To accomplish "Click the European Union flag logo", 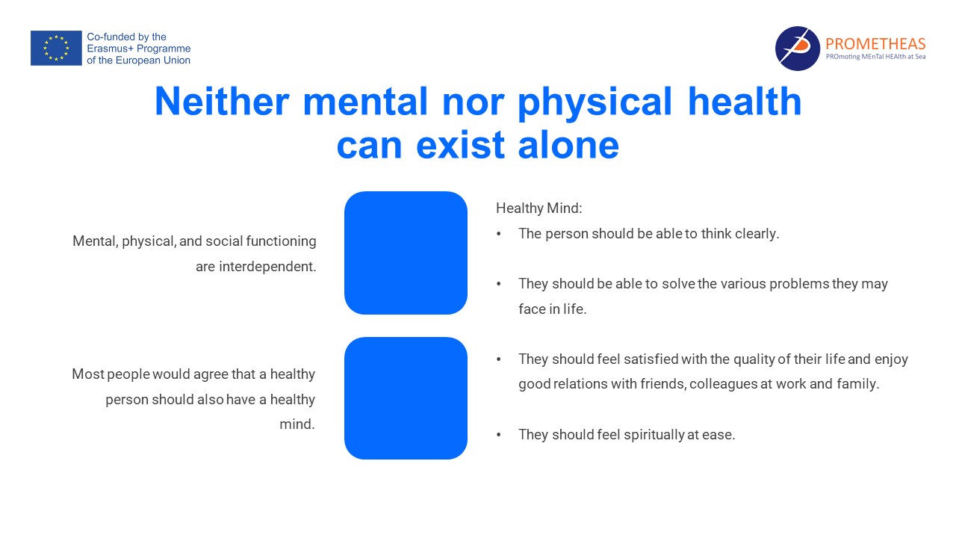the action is click(x=56, y=48).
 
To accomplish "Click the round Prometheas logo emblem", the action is click(x=797, y=49).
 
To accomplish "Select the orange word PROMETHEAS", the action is click(x=875, y=43).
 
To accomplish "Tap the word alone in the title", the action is click(x=568, y=144).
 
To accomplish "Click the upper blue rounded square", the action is click(x=406, y=253).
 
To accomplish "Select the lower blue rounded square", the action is click(x=406, y=398).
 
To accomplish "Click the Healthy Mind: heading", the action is click(x=539, y=208).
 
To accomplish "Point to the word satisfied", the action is click(x=651, y=359).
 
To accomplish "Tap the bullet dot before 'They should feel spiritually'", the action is click(x=498, y=435).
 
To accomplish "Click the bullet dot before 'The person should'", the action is click(x=498, y=234).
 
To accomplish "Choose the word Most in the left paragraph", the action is click(x=88, y=374).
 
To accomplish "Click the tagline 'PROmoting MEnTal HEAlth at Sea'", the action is click(x=876, y=57).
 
